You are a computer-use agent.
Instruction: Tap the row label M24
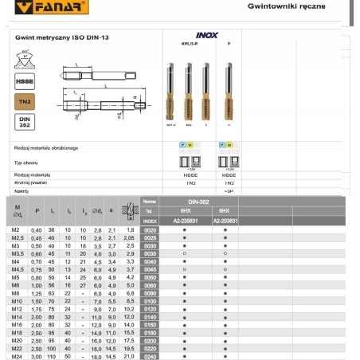16,355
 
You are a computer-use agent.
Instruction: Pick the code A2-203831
225,220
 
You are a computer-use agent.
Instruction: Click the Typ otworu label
28,161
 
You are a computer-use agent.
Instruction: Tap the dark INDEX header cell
149,220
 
